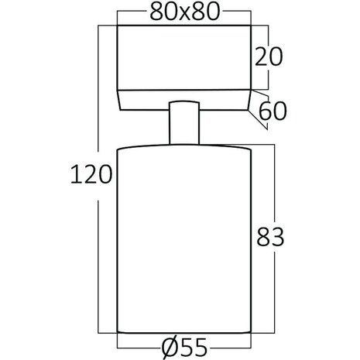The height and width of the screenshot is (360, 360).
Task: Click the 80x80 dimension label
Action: (183, 12)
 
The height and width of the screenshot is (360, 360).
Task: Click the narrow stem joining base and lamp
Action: (184, 122)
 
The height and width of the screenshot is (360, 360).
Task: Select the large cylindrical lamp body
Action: (183, 240)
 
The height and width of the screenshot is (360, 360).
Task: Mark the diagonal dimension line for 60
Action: (262, 104)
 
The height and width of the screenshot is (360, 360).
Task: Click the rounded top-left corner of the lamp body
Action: (121, 149)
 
